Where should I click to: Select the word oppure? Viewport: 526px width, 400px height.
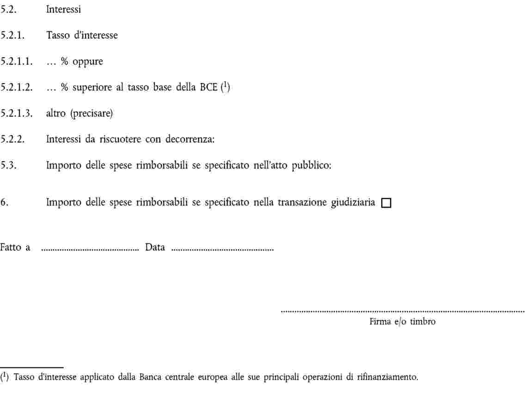87,61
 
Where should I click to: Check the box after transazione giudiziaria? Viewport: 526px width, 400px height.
386,203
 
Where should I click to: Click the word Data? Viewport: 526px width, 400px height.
155,248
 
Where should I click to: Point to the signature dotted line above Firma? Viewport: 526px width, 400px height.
403,312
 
